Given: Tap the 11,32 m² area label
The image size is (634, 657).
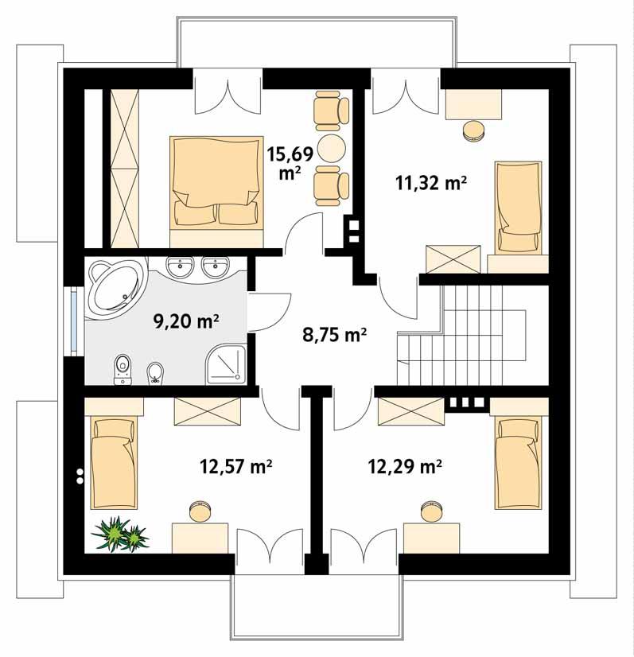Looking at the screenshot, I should (x=430, y=184).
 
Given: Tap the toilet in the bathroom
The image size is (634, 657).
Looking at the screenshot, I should (x=122, y=367).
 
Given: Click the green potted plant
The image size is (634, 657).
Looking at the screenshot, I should (x=120, y=534).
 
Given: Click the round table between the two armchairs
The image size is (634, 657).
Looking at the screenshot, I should (x=329, y=147).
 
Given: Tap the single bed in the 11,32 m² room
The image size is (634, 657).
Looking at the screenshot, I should (x=519, y=207).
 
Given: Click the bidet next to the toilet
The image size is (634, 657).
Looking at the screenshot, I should (x=156, y=371).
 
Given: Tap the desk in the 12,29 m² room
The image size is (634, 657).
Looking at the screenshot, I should (x=432, y=536).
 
